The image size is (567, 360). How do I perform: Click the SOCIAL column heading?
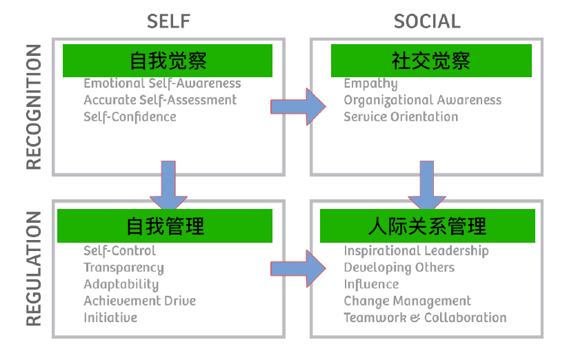point(427,21)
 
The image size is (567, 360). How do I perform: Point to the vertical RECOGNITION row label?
point(34,107)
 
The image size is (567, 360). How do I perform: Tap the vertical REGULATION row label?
point(34,268)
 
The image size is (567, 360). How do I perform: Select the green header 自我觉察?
point(168,61)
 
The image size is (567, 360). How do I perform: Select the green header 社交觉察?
point(431,61)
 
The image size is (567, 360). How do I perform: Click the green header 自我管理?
point(165,226)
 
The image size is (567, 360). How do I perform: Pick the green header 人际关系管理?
point(427,226)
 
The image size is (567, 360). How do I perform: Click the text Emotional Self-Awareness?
point(162,83)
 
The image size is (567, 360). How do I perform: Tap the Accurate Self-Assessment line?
point(160,100)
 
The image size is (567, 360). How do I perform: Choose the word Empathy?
point(370,83)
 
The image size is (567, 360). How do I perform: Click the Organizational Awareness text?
point(422,100)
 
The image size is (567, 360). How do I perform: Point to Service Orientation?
point(401,117)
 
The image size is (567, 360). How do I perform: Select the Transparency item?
point(123,268)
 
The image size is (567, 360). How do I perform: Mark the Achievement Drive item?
point(139,301)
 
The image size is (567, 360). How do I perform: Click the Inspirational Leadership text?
point(416,251)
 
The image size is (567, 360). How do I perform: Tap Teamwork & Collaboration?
point(425,317)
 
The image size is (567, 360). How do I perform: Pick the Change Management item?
point(407,301)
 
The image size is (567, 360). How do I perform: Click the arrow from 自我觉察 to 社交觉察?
point(298,107)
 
